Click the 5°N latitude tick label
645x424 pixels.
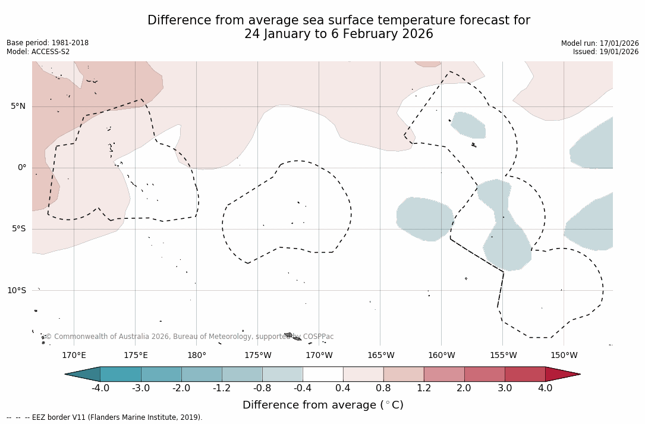pos(18,106)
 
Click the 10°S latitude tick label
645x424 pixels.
pos(16,291)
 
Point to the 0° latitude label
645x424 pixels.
pos(22,168)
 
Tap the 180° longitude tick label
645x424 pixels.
pos(197,356)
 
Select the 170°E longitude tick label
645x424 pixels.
pos(74,356)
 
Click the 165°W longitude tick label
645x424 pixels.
pos(380,356)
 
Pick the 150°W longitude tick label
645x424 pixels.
pos(564,356)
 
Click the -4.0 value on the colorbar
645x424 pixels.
pos(100,388)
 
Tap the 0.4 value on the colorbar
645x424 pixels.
pos(343,388)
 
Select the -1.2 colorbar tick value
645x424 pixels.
pos(222,388)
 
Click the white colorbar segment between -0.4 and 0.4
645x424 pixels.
pos(323,374)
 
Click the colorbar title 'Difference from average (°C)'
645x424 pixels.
pos(323,405)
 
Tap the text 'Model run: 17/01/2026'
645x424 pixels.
pos(600,43)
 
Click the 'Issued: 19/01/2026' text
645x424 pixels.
pos(606,52)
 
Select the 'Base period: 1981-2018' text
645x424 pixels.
pos(48,43)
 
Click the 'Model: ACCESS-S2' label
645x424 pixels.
pos(38,52)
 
